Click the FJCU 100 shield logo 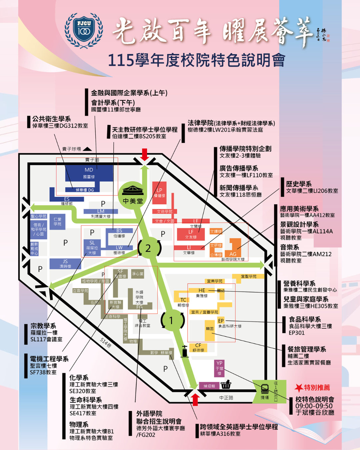84,31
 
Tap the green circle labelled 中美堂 133,195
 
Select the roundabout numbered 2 148,248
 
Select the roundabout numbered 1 172,320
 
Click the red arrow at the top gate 144,155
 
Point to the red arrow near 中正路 195,399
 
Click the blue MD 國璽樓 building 89,173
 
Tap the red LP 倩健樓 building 159,193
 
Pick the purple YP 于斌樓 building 219,368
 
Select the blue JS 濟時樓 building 65,264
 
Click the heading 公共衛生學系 51,119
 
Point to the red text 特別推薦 317,387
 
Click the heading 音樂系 289,247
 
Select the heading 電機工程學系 49,359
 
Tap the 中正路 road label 226,398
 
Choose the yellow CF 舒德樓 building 198,347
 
